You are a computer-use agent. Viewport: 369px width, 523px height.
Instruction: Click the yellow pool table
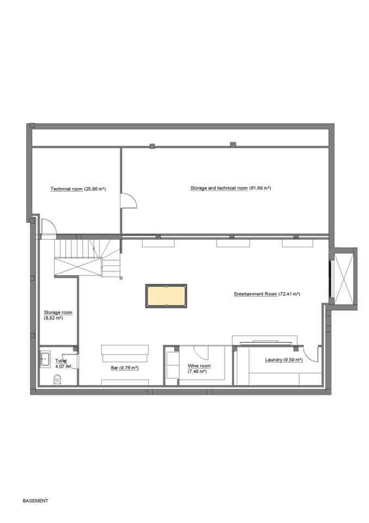(x=166, y=295)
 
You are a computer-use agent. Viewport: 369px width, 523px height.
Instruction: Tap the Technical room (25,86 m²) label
(x=78, y=189)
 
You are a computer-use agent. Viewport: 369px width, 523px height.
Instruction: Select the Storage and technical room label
(x=230, y=188)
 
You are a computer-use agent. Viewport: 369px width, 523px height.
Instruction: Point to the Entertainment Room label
(x=267, y=294)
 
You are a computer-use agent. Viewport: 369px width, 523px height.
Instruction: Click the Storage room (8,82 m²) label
(x=58, y=315)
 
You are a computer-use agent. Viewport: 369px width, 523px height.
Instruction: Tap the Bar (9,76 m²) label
(x=125, y=368)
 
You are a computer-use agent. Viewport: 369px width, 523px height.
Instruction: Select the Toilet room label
(x=62, y=363)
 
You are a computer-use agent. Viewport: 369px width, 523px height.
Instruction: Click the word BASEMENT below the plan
(x=35, y=500)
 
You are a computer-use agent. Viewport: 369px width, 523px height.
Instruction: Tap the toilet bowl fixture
(x=57, y=379)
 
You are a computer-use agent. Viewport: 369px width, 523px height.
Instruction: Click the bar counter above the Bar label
(x=125, y=353)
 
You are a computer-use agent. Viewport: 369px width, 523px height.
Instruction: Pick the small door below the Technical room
(x=47, y=228)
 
